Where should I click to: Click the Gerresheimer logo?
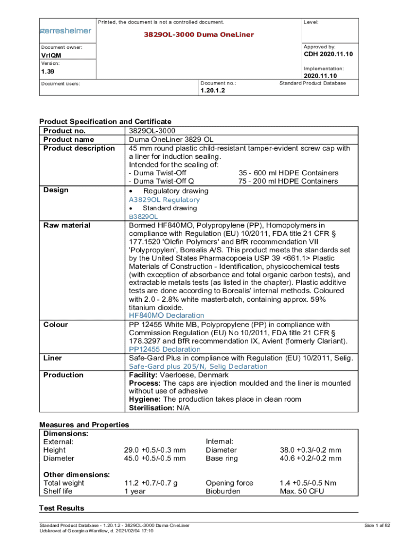point(66,31)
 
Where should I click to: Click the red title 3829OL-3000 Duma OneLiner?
point(199,35)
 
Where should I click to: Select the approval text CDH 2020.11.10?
point(328,55)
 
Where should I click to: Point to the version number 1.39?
point(48,71)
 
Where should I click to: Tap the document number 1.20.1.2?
point(213,91)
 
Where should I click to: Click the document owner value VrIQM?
point(51,56)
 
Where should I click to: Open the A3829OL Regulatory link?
point(164,200)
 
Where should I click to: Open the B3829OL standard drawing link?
point(143,217)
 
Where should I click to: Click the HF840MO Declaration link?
point(166,316)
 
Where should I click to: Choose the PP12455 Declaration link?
point(165,350)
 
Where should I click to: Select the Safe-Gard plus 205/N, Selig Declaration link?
point(198,367)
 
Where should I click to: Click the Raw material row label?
point(66,225)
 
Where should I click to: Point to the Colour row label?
point(56,325)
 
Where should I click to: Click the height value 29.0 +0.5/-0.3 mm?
point(155,450)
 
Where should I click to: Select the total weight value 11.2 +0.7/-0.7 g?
point(151,483)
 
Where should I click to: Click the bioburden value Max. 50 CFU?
point(302,491)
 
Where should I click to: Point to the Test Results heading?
point(62,508)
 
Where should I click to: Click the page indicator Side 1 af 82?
point(377,525)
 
